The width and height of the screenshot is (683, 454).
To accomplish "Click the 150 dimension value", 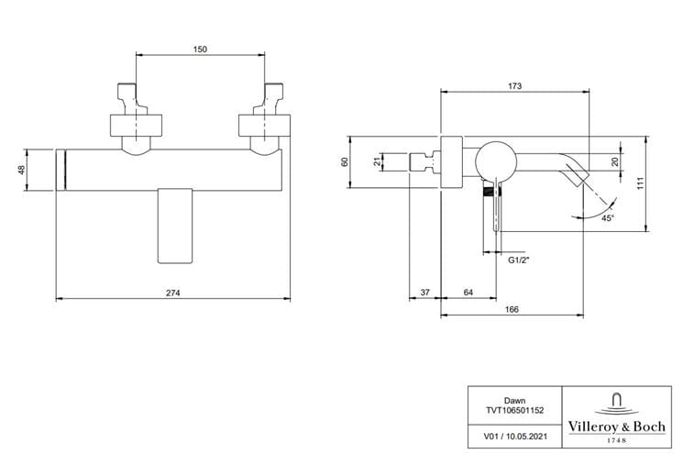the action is [x=200, y=50].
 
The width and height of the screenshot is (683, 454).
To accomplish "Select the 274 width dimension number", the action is [x=173, y=293].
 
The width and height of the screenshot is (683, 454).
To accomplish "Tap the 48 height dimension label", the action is [x=21, y=170].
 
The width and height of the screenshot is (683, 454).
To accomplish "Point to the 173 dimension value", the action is [x=514, y=86].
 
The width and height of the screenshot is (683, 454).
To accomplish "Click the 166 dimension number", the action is [x=512, y=309].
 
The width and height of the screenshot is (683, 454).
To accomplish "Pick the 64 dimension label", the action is [x=468, y=293].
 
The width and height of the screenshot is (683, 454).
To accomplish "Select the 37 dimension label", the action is [x=424, y=293].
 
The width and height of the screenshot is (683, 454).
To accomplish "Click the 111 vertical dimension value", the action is [x=640, y=183].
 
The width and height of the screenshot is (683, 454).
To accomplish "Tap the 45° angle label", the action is [x=608, y=218].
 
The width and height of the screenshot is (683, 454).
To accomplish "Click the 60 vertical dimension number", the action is [x=345, y=162].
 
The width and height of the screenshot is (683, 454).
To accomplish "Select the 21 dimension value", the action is [x=378, y=162].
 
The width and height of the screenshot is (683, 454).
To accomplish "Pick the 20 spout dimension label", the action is [x=614, y=162].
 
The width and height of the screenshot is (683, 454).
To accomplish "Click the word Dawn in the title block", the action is [x=514, y=401].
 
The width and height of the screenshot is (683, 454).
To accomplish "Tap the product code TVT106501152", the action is [x=514, y=410].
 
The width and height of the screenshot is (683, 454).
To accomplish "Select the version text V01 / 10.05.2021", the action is [x=514, y=437].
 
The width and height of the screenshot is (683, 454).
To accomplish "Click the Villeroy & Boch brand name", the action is [x=616, y=426].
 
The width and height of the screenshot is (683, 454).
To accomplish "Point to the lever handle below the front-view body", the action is [x=175, y=226].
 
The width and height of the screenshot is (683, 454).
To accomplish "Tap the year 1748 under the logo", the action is [x=616, y=440].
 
